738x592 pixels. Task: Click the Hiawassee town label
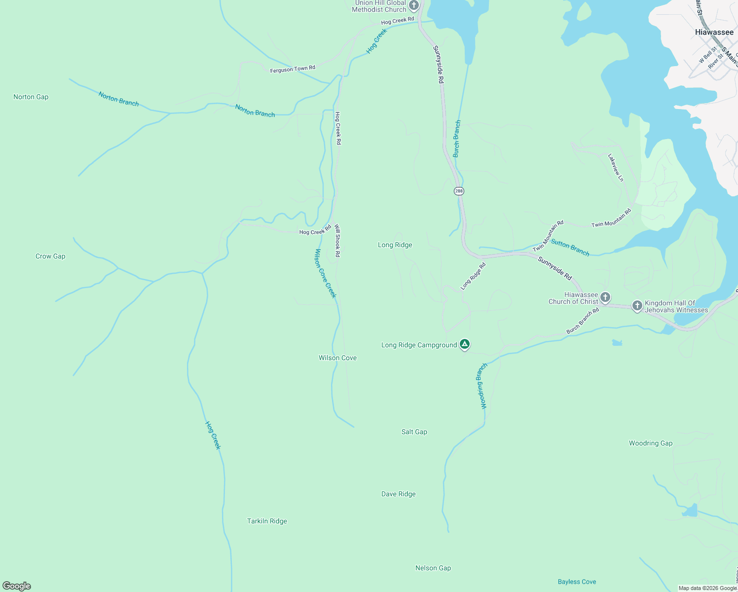click(x=714, y=32)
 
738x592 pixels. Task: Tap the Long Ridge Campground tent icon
click(x=464, y=344)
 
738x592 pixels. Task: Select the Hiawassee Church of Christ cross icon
click(x=605, y=297)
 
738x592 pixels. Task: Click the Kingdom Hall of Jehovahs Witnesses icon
click(x=637, y=306)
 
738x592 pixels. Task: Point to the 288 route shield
click(x=459, y=191)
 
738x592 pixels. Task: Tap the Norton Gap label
click(x=31, y=97)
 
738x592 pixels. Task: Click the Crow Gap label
click(x=50, y=256)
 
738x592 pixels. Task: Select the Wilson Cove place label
click(x=337, y=358)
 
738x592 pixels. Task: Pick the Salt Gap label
click(x=414, y=432)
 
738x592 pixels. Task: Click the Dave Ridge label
click(x=398, y=494)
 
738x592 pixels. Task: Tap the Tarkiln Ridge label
click(x=267, y=521)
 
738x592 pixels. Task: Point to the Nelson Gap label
click(x=433, y=568)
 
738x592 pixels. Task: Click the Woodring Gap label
click(x=650, y=443)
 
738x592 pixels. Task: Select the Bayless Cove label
click(x=577, y=582)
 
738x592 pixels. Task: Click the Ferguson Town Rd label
click(x=293, y=69)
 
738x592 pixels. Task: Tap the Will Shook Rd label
click(x=337, y=241)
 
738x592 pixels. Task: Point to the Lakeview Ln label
click(x=616, y=168)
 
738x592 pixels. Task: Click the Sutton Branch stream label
click(x=570, y=247)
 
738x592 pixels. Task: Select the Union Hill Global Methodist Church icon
click(x=414, y=6)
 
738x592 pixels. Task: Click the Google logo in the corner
click(x=17, y=586)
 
